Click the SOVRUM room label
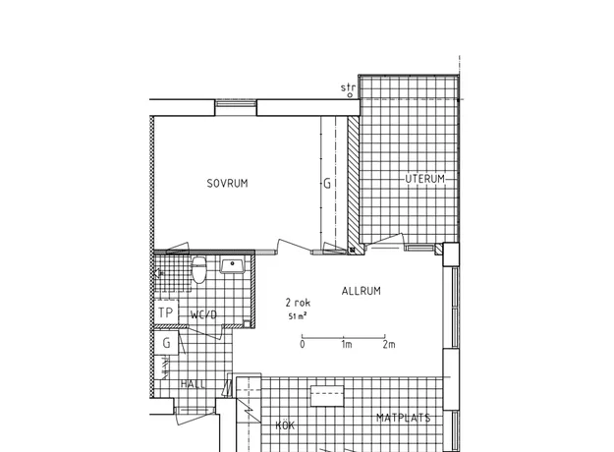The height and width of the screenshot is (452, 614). point(227,184)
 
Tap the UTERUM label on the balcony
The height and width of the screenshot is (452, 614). point(424,179)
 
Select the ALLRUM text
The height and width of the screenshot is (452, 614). point(362,291)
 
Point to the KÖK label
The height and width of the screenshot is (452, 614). point(285,424)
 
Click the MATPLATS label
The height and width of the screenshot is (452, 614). point(404,418)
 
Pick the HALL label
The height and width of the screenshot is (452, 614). point(194,384)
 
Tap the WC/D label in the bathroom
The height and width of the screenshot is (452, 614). point(203,314)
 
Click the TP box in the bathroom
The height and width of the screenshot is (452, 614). point(166,312)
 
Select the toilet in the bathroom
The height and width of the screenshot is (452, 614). point(198,269)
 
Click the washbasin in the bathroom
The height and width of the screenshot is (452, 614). point(232,264)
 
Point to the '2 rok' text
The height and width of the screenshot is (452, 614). point(298,303)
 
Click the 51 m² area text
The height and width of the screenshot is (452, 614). point(298,316)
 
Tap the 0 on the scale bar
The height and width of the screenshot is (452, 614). point(303,344)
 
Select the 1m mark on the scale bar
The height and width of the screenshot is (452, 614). point(347,344)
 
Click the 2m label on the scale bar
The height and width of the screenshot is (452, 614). point(389,344)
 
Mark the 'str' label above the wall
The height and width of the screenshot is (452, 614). point(348,87)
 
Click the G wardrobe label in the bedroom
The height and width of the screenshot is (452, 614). point(327,184)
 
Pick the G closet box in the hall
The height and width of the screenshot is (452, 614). point(166,343)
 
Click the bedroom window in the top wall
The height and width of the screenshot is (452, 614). point(236,103)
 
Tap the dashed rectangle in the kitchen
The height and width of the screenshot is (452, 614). point(327,396)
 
